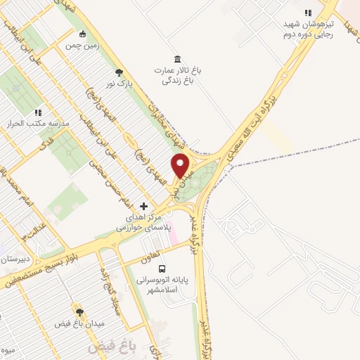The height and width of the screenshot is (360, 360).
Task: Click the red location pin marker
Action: (181, 165)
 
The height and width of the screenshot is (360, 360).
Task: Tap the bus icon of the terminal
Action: (162, 269)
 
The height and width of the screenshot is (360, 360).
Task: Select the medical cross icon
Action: (144, 207)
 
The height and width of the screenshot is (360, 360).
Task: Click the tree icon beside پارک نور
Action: (119, 72)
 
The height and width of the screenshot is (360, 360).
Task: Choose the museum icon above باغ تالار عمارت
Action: (176, 58)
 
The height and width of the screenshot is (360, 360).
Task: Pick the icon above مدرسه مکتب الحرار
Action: (38, 112)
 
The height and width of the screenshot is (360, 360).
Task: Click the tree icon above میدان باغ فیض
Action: (79, 311)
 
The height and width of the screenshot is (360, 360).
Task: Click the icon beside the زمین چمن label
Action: (83, 34)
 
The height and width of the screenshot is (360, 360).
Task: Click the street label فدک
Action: (48, 145)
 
